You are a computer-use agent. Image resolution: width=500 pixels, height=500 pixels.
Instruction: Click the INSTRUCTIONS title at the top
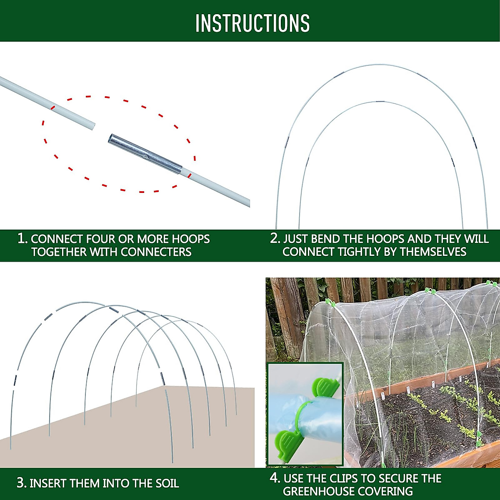[x=252, y=23]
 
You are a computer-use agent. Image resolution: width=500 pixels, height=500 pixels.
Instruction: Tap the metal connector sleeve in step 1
[x=145, y=155]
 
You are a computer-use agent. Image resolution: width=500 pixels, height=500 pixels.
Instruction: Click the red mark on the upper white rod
[x=53, y=107]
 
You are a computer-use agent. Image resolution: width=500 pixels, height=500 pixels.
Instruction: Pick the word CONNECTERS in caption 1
[x=156, y=252]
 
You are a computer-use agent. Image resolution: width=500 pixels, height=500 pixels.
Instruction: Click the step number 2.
[x=275, y=238]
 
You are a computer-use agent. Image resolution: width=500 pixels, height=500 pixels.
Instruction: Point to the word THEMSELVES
[x=433, y=252]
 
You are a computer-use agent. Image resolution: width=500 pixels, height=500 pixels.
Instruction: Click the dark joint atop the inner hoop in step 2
[x=380, y=102]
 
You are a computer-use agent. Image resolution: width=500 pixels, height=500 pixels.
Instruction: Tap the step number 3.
[x=21, y=483]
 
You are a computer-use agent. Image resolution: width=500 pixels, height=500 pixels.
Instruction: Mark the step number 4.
[x=275, y=478]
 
